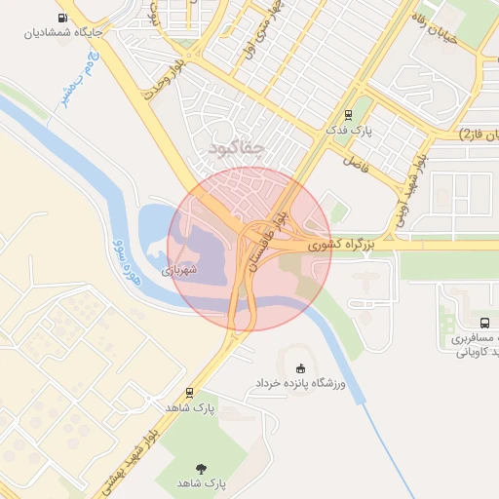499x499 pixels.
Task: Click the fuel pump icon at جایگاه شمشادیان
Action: pyautogui.click(x=63, y=18)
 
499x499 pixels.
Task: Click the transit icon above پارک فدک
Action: pyautogui.click(x=348, y=115)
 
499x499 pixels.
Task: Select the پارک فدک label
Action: pyautogui.click(x=349, y=129)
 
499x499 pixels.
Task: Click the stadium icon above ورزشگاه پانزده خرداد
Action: pyautogui.click(x=300, y=368)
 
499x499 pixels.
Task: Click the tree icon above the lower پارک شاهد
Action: pyautogui.click(x=202, y=469)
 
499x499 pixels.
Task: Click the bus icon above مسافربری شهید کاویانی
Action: pyautogui.click(x=485, y=323)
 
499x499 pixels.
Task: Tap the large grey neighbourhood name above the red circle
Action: pyautogui.click(x=237, y=147)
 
